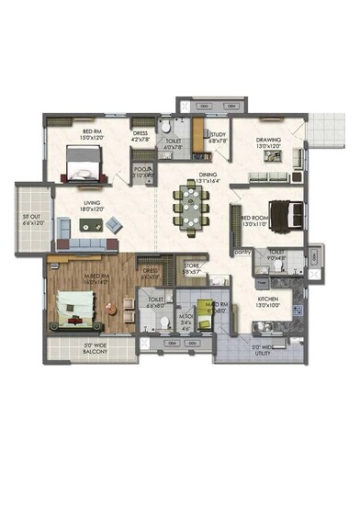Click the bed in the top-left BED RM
click(x=80, y=166)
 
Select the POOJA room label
click(x=142, y=172)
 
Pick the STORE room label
click(x=191, y=268)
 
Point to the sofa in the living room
click(x=87, y=243)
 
